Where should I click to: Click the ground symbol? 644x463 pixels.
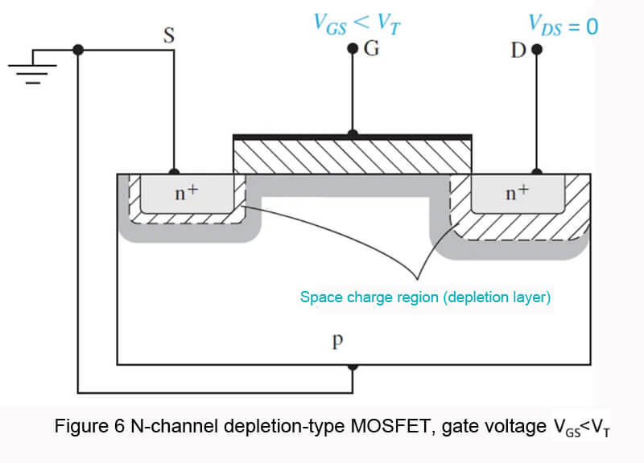click(x=30, y=68)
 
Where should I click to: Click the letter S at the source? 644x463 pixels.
click(x=170, y=36)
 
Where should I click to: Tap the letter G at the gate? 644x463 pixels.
click(x=371, y=49)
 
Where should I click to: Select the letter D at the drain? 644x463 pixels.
click(x=518, y=51)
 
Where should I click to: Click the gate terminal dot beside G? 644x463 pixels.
click(x=352, y=49)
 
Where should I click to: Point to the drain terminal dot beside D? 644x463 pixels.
click(x=537, y=49)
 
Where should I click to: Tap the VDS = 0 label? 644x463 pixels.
click(x=563, y=26)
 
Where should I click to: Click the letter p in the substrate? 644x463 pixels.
click(x=338, y=341)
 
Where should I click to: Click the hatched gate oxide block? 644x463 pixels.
click(x=352, y=157)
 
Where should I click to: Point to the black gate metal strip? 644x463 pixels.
click(x=352, y=137)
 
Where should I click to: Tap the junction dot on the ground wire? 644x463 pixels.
click(x=78, y=49)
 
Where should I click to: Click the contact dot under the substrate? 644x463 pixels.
click(x=352, y=366)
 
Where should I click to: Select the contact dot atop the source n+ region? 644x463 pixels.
click(x=174, y=173)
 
